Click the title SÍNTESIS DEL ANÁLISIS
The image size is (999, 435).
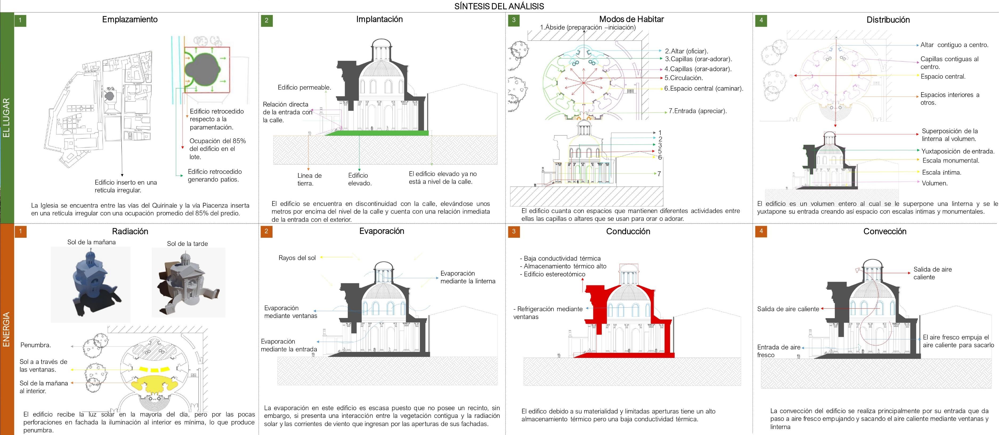[x=499, y=6]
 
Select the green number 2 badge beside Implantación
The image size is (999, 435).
[x=266, y=21]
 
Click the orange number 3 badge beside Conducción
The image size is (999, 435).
[x=514, y=232]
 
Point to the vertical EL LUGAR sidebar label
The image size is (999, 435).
[x=7, y=118]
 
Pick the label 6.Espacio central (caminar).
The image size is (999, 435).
[x=704, y=88]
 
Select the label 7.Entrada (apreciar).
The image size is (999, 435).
[x=697, y=111]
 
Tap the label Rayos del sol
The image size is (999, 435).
[x=297, y=258]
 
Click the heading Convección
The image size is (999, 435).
[x=885, y=232]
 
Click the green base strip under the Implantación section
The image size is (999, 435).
[x=376, y=133]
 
